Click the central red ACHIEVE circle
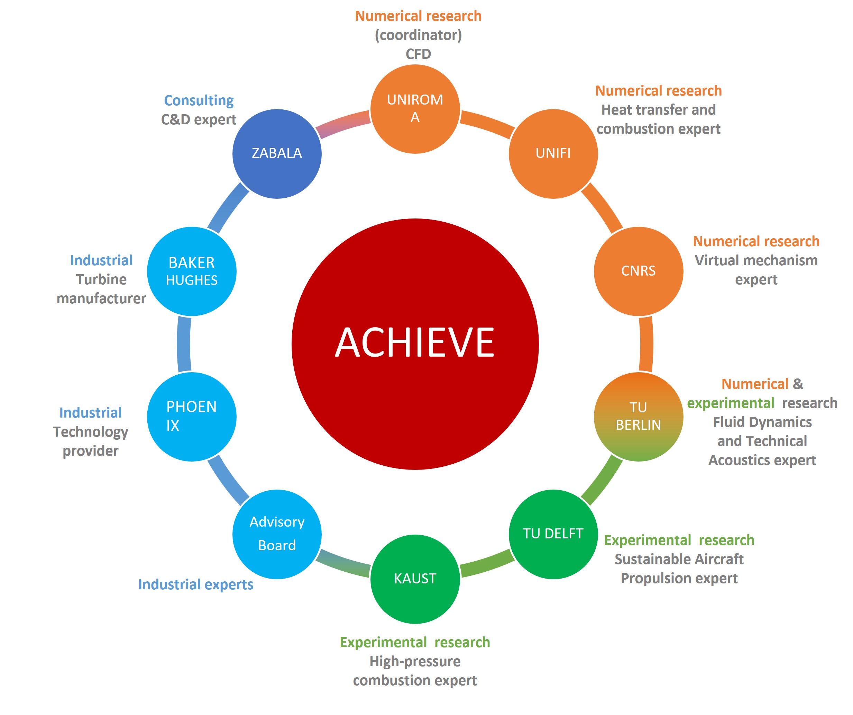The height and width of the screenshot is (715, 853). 415,344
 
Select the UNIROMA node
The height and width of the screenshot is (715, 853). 415,109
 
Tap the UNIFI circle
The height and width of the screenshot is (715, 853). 553,154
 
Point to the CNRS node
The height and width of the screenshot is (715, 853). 638,271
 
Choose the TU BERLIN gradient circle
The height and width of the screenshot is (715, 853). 638,417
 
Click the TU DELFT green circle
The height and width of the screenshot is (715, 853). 553,534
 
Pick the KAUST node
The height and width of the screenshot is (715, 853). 415,579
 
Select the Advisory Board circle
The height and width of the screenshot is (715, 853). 277,534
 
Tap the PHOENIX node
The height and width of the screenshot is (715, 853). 191,417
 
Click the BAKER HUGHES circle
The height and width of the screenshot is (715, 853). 191,271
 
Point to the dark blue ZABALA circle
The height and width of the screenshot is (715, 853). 277,154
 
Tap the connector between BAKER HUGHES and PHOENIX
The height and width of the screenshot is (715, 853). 184,344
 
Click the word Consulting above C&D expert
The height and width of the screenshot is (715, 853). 199,100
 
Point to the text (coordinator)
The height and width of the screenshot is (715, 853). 418,35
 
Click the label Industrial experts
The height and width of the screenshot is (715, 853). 195,584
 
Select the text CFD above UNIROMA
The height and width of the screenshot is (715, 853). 418,54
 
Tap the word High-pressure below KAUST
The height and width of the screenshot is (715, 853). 415,661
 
